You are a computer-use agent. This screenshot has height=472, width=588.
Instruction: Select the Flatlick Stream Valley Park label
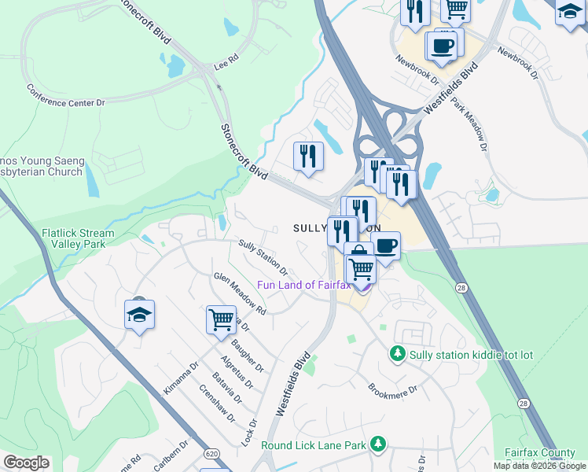coord(78,239)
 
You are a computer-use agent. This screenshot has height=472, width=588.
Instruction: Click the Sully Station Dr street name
coord(263,258)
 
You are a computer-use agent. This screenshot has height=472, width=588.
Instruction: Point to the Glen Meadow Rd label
coord(240,293)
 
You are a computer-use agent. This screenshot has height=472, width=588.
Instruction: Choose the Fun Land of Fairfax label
coord(304,285)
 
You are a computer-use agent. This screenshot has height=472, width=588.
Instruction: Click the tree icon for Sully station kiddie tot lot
coord(399,355)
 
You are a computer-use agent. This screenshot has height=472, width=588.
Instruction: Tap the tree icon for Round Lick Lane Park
coord(378,445)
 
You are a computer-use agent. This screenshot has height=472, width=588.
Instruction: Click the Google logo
coord(26,463)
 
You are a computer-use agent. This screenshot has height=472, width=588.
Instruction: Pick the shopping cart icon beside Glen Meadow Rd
coord(222,319)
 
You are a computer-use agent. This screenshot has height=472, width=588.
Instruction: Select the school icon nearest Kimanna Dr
coord(139,315)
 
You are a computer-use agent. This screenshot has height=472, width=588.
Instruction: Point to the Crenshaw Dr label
coord(217,402)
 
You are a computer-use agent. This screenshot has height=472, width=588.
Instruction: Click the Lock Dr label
coord(252,433)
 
